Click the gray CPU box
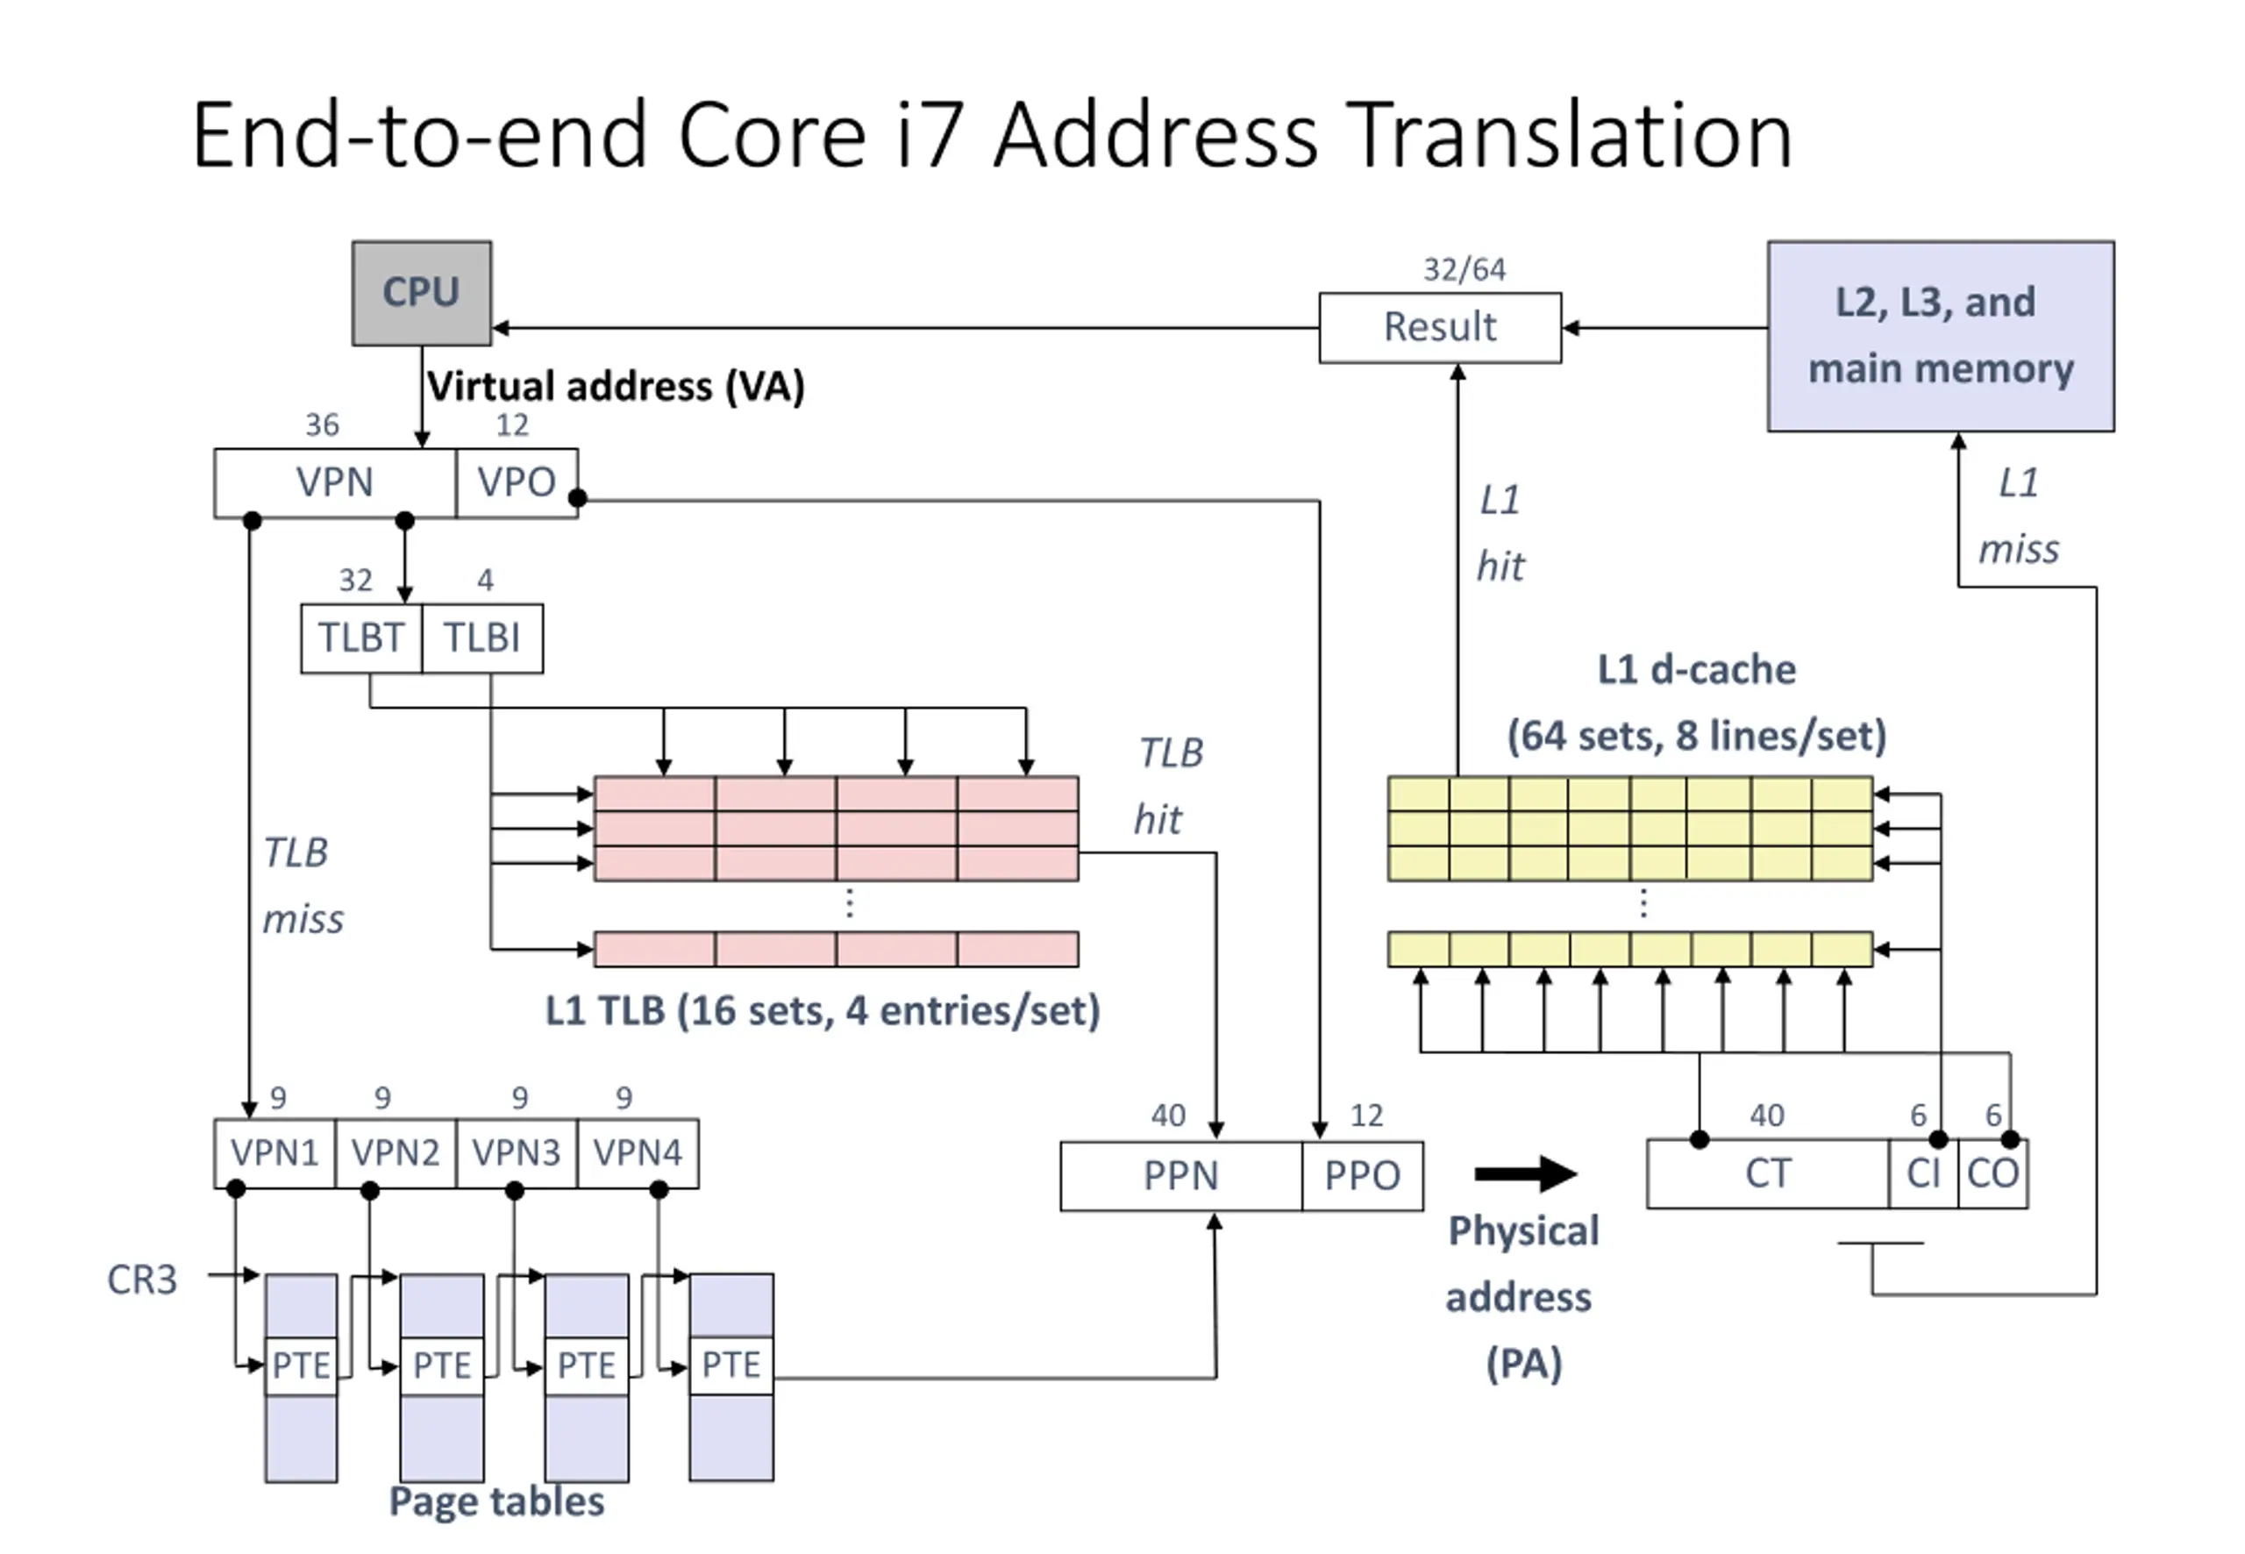coord(422,293)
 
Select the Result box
coord(1440,327)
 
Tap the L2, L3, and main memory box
coord(1941,336)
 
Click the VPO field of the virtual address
coord(516,483)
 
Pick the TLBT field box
coord(361,638)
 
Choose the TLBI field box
coord(482,638)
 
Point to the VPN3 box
coord(516,1153)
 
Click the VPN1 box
coord(274,1153)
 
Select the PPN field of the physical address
coord(1181,1176)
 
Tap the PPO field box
coord(1362,1176)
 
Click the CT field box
coord(1768,1174)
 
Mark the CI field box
coord(1924,1174)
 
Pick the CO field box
coord(1992,1174)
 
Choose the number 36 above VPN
coord(322,425)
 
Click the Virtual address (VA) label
coord(616,388)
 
